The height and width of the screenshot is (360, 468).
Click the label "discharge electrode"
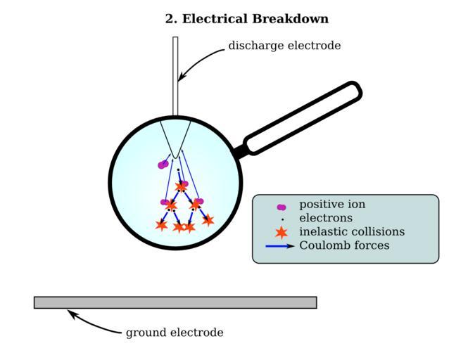click(x=284, y=46)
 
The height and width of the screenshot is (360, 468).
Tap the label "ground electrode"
click(x=175, y=333)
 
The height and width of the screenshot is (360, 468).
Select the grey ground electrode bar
click(x=175, y=302)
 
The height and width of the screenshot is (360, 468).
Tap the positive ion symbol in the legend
click(x=282, y=207)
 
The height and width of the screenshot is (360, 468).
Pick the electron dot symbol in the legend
click(x=282, y=219)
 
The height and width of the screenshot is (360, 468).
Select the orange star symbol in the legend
click(x=282, y=231)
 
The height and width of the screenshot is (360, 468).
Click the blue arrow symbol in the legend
click(x=280, y=246)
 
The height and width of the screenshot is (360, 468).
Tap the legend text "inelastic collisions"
click(x=352, y=231)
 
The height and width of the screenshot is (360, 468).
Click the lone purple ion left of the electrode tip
click(x=163, y=165)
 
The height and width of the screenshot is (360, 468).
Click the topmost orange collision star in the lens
click(x=181, y=187)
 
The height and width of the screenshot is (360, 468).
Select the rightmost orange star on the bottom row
click(x=208, y=220)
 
